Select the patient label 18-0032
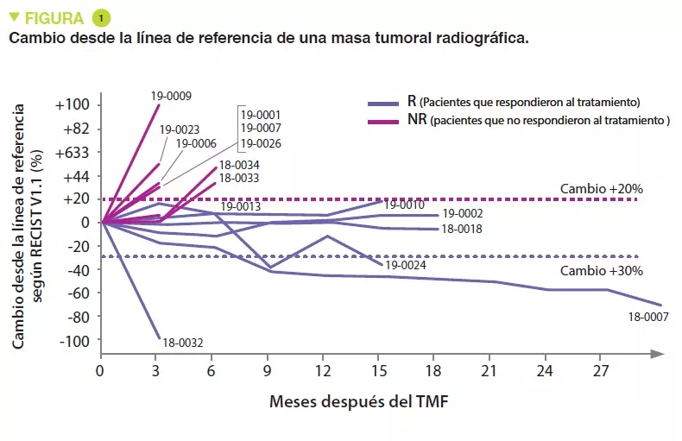[182, 343]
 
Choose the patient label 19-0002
[462, 213]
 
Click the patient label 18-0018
[461, 229]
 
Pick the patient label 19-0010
[403, 205]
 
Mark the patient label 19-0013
[241, 207]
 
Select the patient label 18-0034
[239, 165]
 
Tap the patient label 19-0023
[180, 129]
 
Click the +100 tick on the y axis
[73, 105]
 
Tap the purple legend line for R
[382, 101]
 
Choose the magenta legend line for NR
[382, 120]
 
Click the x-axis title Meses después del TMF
[359, 401]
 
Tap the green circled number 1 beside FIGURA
[101, 17]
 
